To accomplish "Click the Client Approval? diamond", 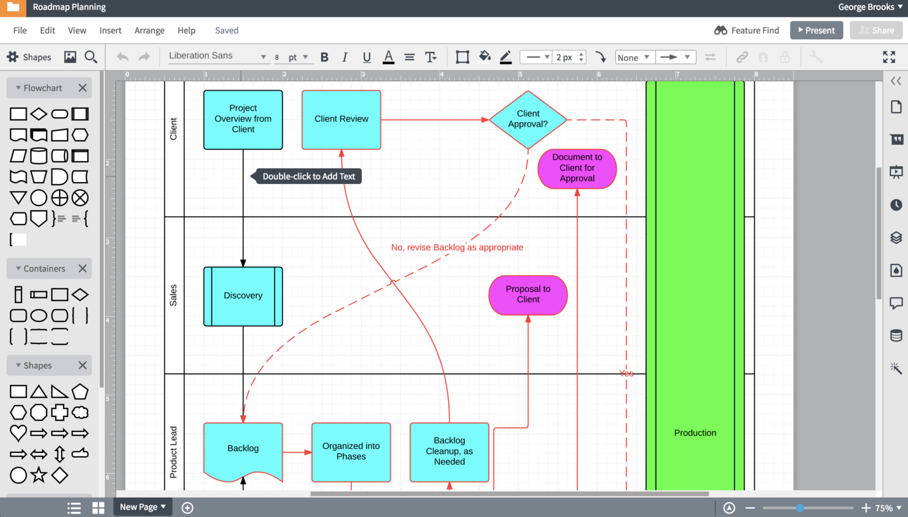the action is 528,120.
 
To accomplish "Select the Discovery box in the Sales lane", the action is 243,296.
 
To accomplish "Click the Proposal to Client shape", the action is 528,295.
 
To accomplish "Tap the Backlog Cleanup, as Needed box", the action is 449,452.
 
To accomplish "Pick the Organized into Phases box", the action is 351,452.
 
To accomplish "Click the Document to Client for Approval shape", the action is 577,169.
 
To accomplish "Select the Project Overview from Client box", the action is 243,120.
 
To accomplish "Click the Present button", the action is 816,31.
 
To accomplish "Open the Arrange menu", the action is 149,31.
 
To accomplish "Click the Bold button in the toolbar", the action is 324,57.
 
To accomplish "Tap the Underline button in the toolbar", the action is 367,57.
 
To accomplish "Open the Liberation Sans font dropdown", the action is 217,56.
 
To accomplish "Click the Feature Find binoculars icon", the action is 720,31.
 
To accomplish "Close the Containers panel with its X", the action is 82,268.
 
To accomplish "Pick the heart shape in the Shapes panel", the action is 18,432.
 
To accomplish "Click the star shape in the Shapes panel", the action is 39,475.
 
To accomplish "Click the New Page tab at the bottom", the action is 142,507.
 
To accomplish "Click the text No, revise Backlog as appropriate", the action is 457,247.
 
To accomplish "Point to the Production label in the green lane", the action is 695,432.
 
